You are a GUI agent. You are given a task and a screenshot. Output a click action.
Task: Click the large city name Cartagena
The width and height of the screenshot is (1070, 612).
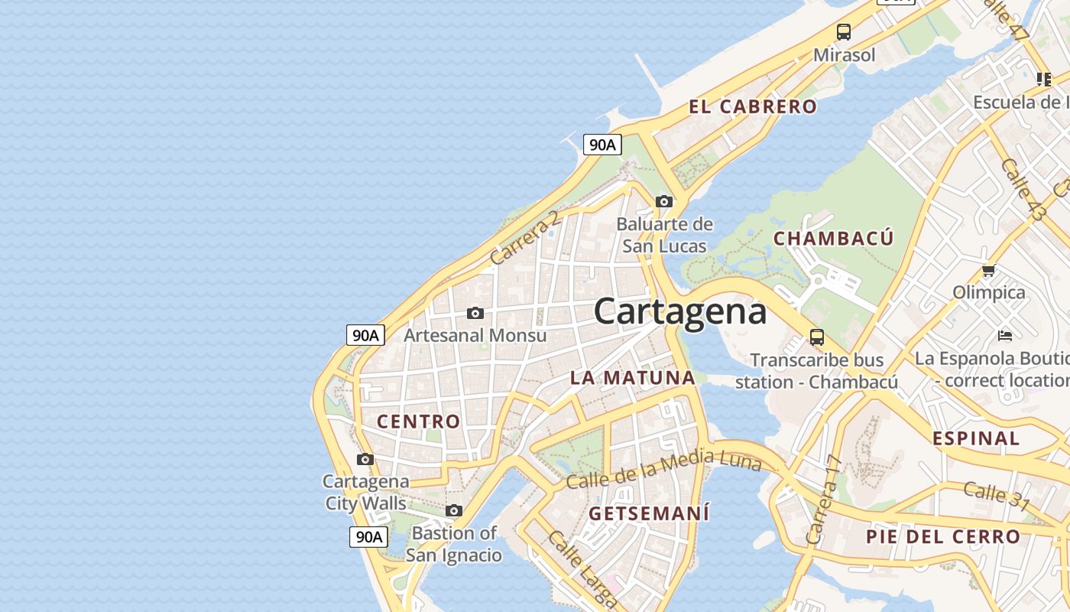[679, 312]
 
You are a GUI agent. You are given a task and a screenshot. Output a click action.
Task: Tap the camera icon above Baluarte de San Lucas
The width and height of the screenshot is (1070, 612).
[664, 202]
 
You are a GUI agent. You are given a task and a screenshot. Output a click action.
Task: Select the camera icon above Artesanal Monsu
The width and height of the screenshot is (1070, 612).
[475, 314]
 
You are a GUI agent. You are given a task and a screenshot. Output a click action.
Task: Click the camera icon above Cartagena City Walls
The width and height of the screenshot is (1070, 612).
[365, 460]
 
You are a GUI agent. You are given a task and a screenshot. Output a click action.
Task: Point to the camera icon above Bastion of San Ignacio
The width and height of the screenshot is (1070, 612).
[454, 511]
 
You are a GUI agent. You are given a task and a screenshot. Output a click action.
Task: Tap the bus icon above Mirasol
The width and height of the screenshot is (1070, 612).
[844, 32]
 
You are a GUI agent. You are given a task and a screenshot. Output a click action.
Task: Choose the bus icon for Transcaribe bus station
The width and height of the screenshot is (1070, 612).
[817, 337]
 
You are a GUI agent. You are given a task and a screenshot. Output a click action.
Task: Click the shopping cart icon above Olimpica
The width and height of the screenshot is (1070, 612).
[988, 270]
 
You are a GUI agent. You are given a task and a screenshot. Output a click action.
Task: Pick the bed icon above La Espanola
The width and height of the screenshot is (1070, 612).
[1005, 336]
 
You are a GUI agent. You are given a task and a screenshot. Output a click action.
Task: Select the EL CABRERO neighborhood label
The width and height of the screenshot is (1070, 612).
[753, 107]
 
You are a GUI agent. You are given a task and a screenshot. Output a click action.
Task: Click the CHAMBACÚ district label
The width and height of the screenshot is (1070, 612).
[833, 239]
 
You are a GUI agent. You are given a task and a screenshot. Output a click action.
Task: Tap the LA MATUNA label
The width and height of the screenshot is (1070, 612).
[633, 377]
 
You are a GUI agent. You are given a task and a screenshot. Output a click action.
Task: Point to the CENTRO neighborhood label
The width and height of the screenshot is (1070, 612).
[419, 422]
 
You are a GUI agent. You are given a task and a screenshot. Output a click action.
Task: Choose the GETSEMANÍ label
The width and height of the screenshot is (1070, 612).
[649, 513]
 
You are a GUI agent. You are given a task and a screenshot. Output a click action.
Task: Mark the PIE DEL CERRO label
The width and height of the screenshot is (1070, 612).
[943, 537]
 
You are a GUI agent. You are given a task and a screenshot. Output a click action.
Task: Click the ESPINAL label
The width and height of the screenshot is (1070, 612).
[976, 438]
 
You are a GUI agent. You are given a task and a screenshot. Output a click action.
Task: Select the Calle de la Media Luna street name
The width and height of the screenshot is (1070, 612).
[663, 469]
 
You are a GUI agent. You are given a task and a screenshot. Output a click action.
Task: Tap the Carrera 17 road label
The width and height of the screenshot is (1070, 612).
[823, 500]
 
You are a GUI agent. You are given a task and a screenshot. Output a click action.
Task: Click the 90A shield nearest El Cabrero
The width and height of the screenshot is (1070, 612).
[602, 145]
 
